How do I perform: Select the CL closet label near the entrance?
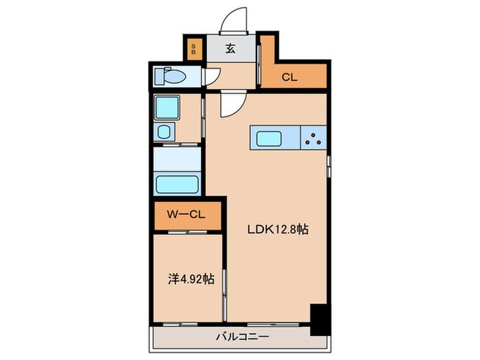pyautogui.click(x=289, y=77)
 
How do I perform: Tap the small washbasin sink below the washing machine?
pyautogui.click(x=165, y=131)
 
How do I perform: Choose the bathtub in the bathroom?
pyautogui.click(x=177, y=184)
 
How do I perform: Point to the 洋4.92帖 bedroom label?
pyautogui.click(x=191, y=279)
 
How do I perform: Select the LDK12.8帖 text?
pyautogui.click(x=277, y=230)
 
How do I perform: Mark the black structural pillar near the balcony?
pyautogui.click(x=319, y=319)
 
